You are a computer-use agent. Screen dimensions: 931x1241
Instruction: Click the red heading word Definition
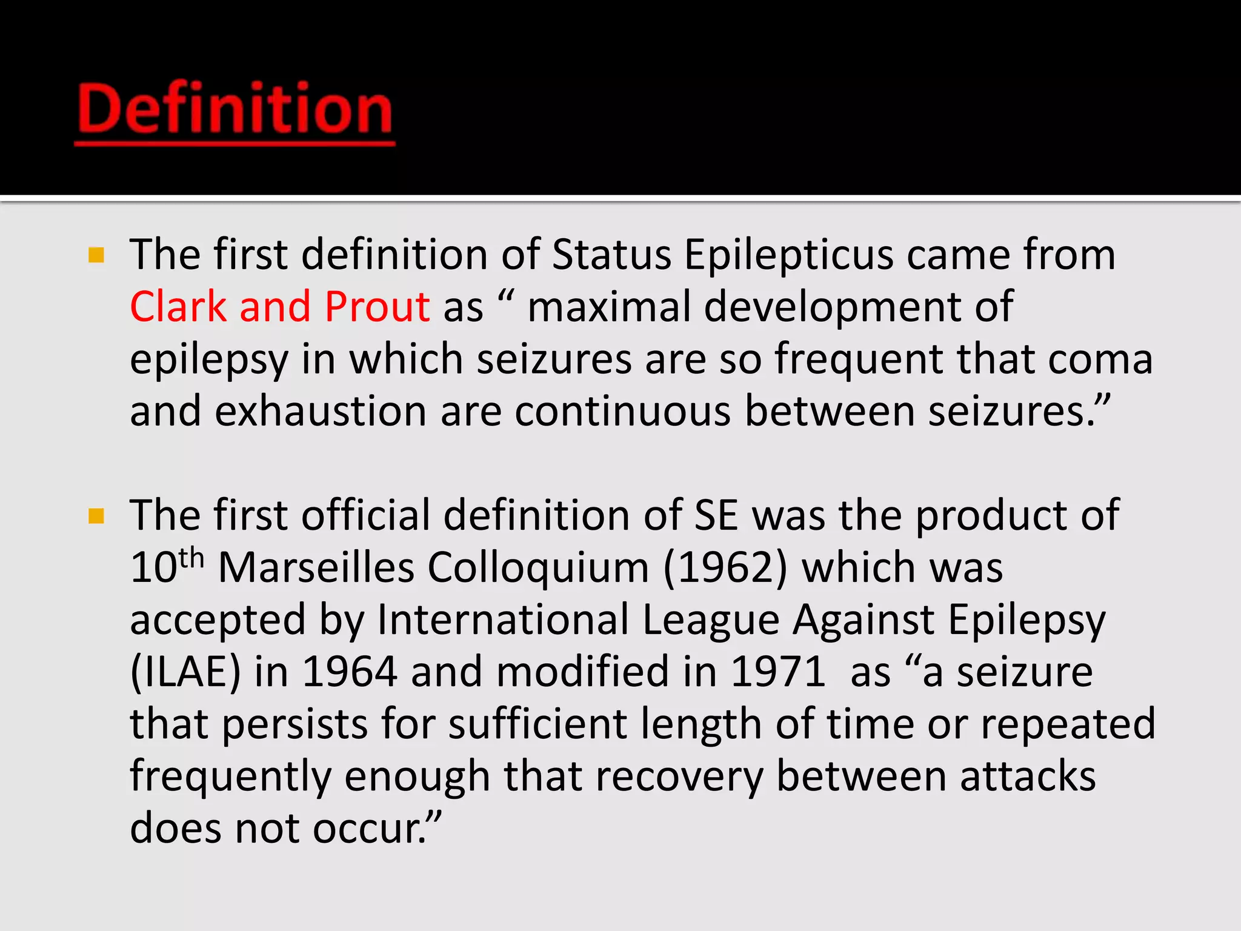(x=235, y=109)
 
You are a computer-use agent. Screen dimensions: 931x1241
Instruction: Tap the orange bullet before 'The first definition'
(x=96, y=255)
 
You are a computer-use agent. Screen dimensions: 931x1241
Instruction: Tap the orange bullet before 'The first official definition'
(x=96, y=516)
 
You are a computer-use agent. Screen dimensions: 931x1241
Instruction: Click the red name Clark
(x=178, y=307)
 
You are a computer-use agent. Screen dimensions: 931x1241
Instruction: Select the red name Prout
(x=377, y=307)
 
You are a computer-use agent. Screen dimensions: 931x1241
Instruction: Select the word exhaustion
(x=321, y=412)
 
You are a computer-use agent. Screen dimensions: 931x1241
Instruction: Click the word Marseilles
(x=316, y=569)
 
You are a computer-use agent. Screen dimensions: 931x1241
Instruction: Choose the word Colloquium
(x=538, y=569)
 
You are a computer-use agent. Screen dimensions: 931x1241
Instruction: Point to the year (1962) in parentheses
(x=725, y=569)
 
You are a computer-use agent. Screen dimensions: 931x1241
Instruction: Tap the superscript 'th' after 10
(x=191, y=558)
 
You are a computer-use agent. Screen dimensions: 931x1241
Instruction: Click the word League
(x=711, y=621)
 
